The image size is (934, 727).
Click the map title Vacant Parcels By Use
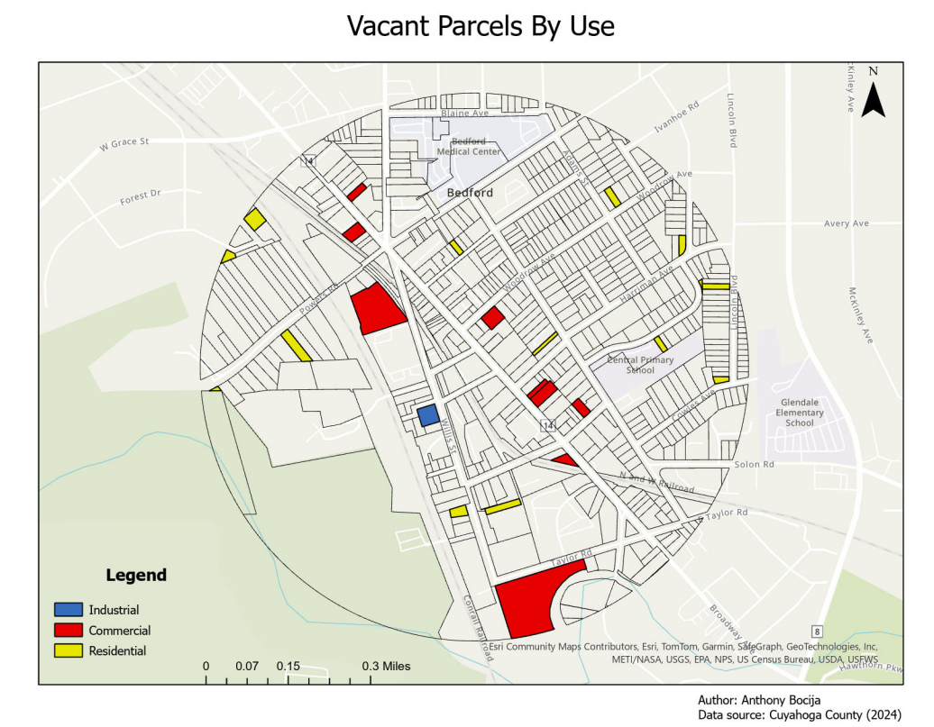[x=481, y=26]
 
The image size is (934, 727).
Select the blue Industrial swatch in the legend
[x=68, y=610]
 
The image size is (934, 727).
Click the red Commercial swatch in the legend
[x=68, y=631]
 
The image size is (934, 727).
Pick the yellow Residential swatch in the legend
[x=68, y=650]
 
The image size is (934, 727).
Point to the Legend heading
[x=136, y=576]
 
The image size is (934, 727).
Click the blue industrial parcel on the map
[x=428, y=415]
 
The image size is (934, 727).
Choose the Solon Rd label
[x=755, y=465]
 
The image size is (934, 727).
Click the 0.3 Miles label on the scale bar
[x=386, y=666]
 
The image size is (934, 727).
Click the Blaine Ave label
[x=464, y=114]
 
